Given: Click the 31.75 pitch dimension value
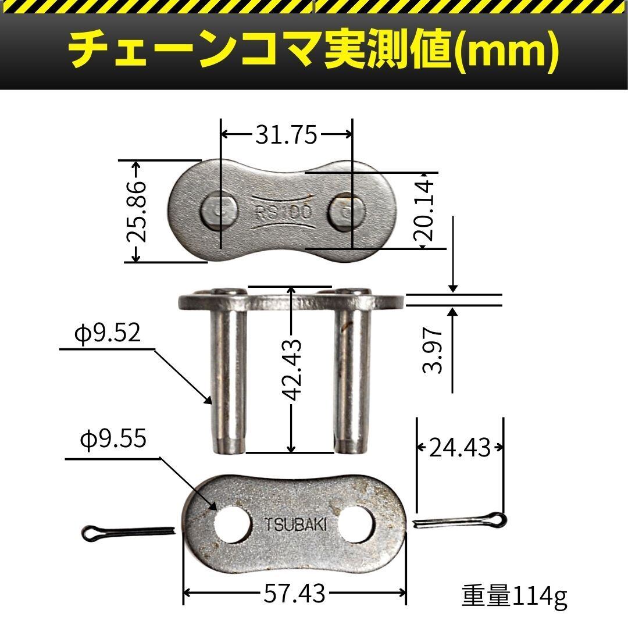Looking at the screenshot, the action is [x=286, y=134].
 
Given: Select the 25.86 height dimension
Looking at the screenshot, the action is [x=136, y=212].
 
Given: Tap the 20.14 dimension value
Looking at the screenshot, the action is [x=424, y=210].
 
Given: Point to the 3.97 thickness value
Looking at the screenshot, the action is [x=433, y=349].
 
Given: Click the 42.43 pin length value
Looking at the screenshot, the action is [x=291, y=370].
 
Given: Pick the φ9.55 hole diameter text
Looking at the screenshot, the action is [x=113, y=440].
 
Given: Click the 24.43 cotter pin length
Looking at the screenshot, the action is [x=459, y=448].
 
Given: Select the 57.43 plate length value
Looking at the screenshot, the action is [x=294, y=594].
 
